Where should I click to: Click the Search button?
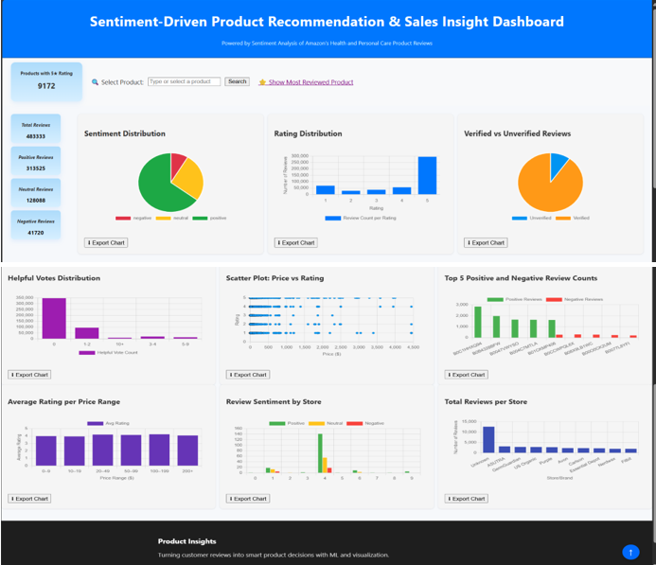(237, 82)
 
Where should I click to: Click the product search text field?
(184, 82)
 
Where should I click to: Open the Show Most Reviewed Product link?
(310, 82)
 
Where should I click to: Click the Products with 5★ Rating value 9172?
(46, 86)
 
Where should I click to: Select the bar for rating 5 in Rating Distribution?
(427, 175)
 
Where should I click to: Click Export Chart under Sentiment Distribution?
(106, 243)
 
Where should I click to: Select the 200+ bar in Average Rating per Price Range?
(187, 450)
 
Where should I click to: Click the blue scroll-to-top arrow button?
(630, 551)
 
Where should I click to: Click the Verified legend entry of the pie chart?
(576, 218)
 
